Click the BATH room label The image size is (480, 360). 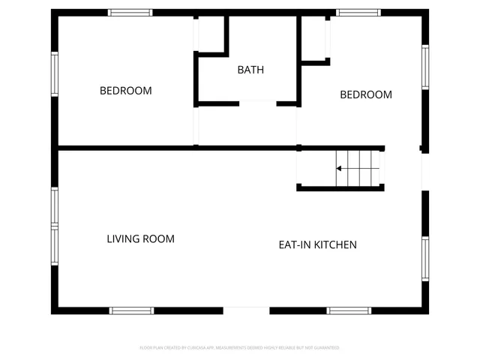(250, 70)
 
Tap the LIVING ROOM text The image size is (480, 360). (140, 239)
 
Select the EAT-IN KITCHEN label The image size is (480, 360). (317, 244)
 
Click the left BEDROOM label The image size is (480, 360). (126, 91)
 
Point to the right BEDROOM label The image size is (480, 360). (366, 94)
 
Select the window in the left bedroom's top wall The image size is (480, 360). (130, 13)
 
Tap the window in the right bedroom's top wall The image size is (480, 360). (358, 13)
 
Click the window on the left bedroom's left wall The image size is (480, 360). (55, 74)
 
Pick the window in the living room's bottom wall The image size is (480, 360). (132, 310)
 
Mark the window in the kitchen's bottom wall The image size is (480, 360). (349, 310)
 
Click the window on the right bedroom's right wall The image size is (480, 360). (424, 67)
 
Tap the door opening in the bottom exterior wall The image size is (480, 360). (247, 310)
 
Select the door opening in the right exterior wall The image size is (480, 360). (424, 171)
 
